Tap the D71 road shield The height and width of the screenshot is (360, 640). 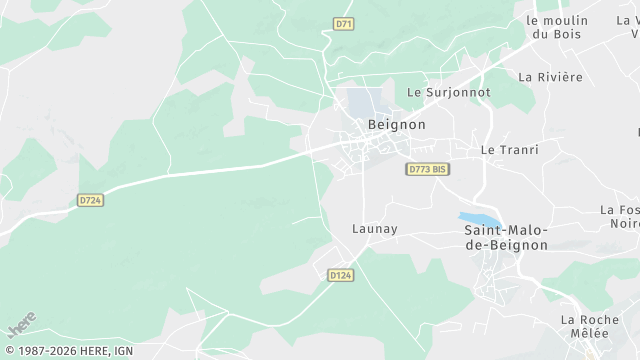point(345,22)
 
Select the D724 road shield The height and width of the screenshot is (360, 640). point(90,200)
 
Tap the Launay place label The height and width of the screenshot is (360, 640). point(375,229)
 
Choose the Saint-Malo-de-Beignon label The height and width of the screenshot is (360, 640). point(506,237)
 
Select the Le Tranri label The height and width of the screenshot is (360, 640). point(509,150)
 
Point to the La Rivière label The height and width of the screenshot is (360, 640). point(550,77)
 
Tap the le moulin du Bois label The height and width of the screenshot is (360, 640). point(558,26)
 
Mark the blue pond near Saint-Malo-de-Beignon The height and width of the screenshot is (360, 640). point(478,220)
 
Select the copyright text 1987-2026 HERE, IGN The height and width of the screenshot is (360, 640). point(68,351)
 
